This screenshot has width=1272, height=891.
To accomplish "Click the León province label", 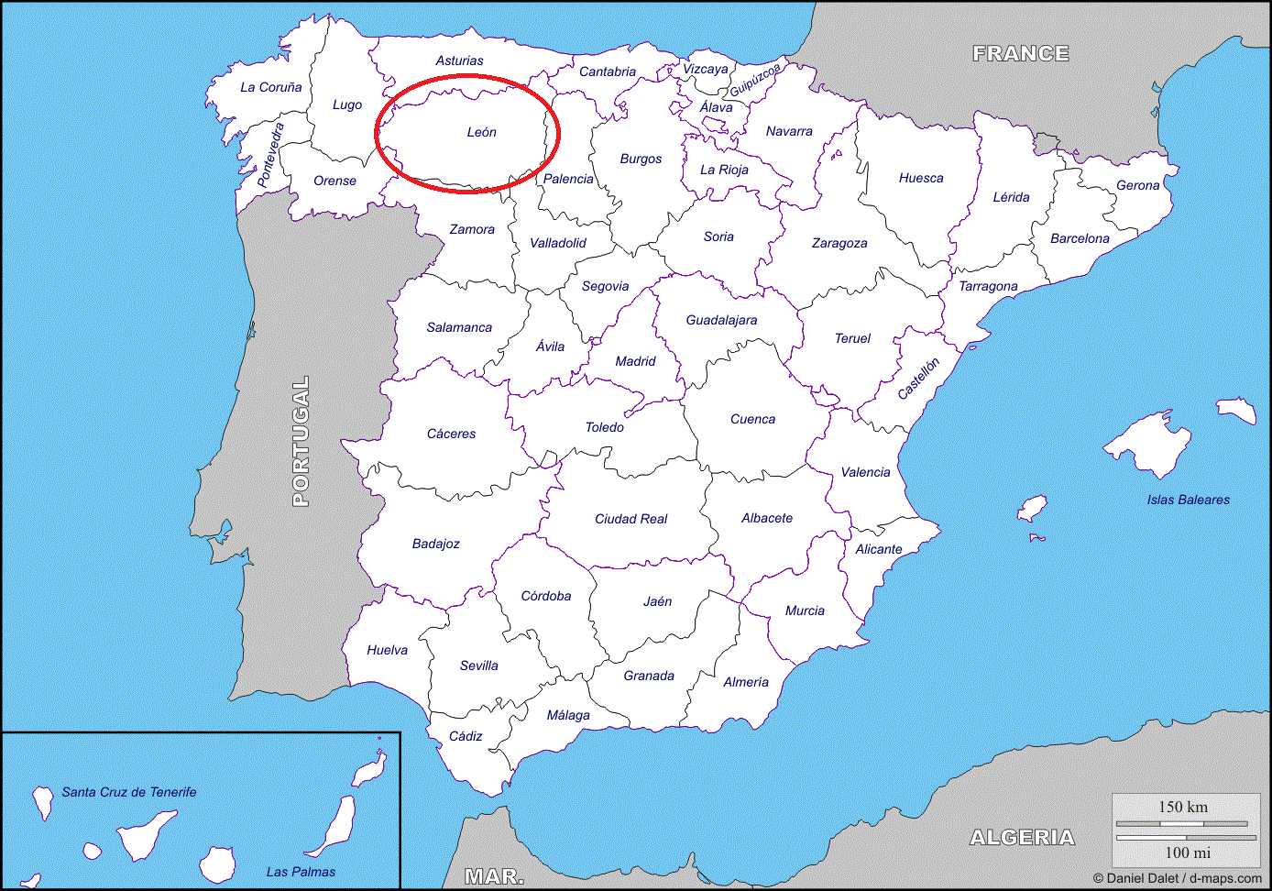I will [x=481, y=132].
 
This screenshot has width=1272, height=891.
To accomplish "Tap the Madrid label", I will [x=635, y=361].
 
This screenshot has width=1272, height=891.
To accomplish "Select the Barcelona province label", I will [x=1080, y=238].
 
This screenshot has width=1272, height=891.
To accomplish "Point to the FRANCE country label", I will [x=1021, y=53].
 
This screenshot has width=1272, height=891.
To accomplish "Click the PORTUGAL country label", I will [x=301, y=441].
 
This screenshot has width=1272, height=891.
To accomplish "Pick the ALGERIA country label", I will [x=1022, y=837].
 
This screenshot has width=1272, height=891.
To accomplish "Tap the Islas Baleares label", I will [x=1188, y=500].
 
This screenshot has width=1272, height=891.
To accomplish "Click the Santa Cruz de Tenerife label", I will [x=129, y=792].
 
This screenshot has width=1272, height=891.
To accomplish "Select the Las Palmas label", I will [x=301, y=872].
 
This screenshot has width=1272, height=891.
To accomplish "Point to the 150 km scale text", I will [x=1183, y=807].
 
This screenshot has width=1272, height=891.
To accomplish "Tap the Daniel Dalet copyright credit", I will [x=1177, y=878].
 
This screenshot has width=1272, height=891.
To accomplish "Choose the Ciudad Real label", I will [x=631, y=519].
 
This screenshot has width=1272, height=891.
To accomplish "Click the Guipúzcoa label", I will [x=755, y=79].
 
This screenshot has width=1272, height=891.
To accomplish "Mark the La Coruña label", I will [x=270, y=87].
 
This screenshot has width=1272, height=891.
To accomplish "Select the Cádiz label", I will [x=466, y=736].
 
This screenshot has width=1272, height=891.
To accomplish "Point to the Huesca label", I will [x=921, y=178].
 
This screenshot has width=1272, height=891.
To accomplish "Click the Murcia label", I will [x=805, y=610].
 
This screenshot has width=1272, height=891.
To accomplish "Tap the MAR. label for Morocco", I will [x=494, y=876].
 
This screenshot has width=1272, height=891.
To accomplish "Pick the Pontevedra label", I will [x=270, y=154].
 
